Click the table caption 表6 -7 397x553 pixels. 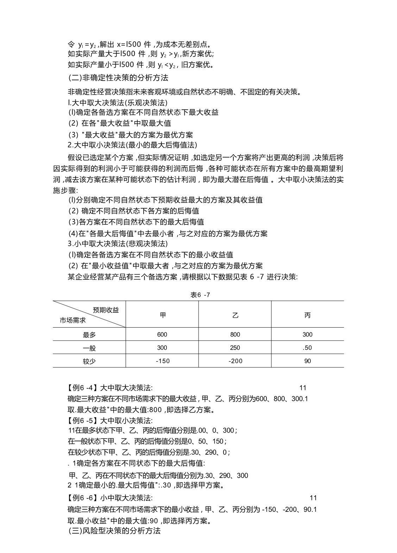200,295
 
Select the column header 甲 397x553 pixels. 162,315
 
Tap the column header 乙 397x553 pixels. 235,315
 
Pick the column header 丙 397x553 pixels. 308,315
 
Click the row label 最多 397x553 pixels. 89,335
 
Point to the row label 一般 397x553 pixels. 89,348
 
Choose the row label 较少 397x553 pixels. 89,361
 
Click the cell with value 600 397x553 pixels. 162,335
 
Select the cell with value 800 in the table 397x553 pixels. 235,335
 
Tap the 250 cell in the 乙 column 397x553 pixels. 235,348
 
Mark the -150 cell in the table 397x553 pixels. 162,361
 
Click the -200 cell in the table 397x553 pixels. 235,361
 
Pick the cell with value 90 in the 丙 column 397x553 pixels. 308,361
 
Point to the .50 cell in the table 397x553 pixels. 308,348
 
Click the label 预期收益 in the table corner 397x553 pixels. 106,310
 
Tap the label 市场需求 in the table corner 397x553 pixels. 73,320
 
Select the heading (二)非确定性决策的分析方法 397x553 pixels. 118,77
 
